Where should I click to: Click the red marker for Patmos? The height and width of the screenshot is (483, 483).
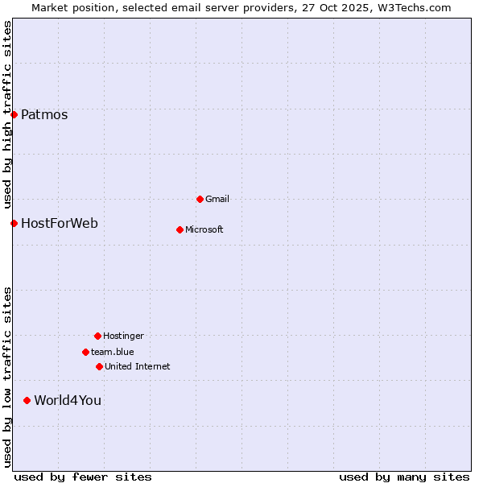click(x=14, y=114)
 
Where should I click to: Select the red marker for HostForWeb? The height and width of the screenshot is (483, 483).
click(x=14, y=223)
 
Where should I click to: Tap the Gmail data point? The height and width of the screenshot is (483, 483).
click(x=200, y=199)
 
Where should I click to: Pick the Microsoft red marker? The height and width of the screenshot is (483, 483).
click(x=180, y=229)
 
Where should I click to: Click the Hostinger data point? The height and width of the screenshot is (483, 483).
click(x=97, y=336)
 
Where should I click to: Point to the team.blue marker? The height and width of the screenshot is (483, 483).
click(x=85, y=352)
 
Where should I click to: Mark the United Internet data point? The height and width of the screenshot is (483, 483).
click(x=99, y=366)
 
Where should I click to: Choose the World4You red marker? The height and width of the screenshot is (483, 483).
click(x=27, y=400)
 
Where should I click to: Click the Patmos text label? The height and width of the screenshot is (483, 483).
click(x=44, y=114)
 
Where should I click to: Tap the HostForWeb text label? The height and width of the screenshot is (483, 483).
click(x=60, y=223)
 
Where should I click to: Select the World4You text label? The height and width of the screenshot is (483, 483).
click(x=68, y=400)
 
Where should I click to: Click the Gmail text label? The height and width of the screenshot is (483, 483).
click(x=217, y=199)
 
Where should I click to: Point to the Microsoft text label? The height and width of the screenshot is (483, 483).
click(x=204, y=229)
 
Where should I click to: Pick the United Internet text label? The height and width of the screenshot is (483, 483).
click(x=138, y=366)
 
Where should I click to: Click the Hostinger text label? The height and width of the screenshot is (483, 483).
click(x=123, y=336)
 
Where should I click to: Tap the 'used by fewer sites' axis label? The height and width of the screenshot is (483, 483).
click(x=83, y=477)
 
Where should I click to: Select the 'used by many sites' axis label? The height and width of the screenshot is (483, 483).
click(x=404, y=477)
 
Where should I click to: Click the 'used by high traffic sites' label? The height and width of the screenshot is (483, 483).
click(x=7, y=114)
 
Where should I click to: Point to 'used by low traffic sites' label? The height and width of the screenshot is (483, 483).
click(x=7, y=376)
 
